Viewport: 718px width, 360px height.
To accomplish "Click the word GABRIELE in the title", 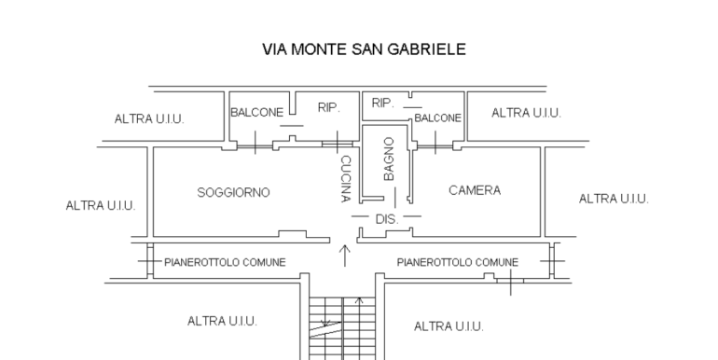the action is (x=427, y=49).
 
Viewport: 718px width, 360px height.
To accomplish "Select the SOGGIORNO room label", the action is (x=233, y=193).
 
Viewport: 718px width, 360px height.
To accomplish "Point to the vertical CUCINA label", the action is (x=346, y=179).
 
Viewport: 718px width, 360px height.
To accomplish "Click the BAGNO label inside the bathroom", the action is (x=389, y=159).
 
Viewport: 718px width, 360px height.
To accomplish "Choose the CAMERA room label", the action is (x=475, y=190).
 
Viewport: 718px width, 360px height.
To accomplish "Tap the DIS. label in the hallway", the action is (x=387, y=219).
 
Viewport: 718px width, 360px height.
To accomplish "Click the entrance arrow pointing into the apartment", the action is (x=345, y=256).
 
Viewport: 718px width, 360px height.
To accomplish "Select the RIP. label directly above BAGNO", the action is (x=383, y=104).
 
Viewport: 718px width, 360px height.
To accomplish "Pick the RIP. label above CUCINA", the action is (x=329, y=107).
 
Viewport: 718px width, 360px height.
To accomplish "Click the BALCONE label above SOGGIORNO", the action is (x=256, y=113).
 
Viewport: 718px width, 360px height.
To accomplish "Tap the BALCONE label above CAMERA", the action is (x=437, y=118).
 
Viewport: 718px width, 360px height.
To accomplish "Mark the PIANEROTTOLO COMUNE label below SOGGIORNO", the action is (x=225, y=262).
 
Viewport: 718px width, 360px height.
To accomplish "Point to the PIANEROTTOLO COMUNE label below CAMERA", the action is (x=458, y=262).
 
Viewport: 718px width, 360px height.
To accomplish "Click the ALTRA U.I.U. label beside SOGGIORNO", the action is (x=101, y=206).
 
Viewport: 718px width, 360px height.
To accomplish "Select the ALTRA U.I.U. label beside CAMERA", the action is (x=614, y=199).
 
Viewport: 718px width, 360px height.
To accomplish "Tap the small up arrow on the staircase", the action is (x=359, y=302).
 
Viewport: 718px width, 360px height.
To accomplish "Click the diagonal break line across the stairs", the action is (x=325, y=330).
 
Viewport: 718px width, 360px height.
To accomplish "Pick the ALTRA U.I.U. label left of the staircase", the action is (x=222, y=321).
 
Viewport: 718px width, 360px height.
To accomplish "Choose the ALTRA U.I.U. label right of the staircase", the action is (x=449, y=326).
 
